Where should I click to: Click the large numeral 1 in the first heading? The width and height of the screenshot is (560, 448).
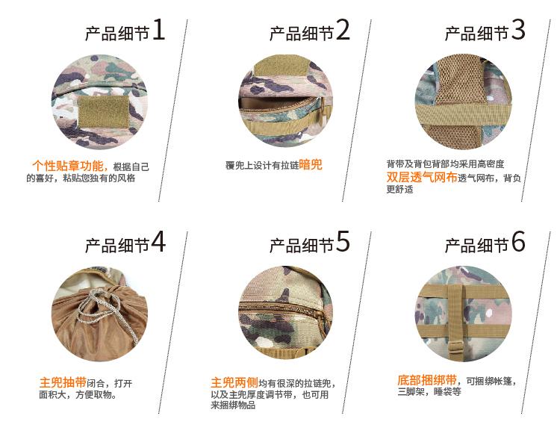159,29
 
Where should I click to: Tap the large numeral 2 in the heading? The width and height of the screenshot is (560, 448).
343,29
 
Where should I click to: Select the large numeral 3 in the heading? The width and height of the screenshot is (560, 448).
518,29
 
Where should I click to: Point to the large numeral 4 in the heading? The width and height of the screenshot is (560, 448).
158,241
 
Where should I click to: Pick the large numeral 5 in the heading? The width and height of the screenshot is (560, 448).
343,241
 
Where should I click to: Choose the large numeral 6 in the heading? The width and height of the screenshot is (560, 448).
518,241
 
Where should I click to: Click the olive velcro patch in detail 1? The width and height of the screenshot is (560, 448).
104,111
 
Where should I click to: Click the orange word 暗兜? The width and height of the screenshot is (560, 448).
311,165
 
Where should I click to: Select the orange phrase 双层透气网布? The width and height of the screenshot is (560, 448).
422,177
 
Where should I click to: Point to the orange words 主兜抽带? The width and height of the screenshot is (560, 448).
63,382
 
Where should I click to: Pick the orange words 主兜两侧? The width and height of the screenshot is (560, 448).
234,382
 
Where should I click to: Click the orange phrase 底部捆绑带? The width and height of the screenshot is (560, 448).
427,380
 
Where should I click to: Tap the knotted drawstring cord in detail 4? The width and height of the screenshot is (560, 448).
104,307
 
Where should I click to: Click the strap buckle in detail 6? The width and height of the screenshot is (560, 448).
456,346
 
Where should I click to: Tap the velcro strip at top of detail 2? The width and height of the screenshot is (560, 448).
281,66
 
